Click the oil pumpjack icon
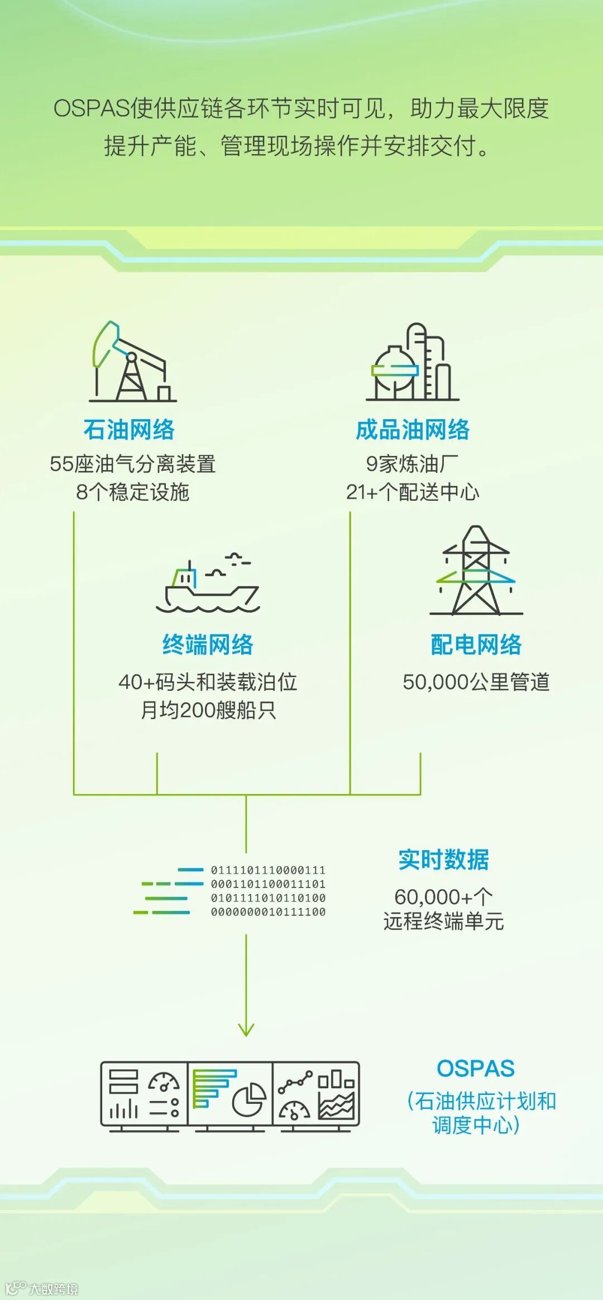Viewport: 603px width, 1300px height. (x=132, y=362)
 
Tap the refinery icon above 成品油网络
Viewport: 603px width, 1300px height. (x=413, y=362)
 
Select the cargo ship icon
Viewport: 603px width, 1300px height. (x=208, y=585)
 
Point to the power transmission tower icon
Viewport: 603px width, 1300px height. (x=476, y=571)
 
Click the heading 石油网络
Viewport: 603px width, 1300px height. (x=129, y=430)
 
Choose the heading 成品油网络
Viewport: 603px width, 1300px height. (x=413, y=430)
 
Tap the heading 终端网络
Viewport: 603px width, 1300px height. (x=208, y=644)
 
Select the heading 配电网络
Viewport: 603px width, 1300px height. (x=476, y=644)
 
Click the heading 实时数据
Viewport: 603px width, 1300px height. (x=443, y=860)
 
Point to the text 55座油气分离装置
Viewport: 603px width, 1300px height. (x=132, y=464)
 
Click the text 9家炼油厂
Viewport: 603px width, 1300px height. (x=412, y=464)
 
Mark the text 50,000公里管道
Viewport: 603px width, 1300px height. (x=476, y=682)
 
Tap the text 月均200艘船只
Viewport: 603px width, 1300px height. (x=208, y=710)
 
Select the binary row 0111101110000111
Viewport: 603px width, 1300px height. (x=268, y=870)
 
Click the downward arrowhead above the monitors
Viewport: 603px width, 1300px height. (x=246, y=1029)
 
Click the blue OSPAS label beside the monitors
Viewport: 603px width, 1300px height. (x=475, y=1069)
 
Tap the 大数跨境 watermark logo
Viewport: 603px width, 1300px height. (x=42, y=1289)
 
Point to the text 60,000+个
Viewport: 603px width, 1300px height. (x=443, y=897)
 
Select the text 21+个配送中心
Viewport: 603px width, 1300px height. (x=412, y=492)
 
